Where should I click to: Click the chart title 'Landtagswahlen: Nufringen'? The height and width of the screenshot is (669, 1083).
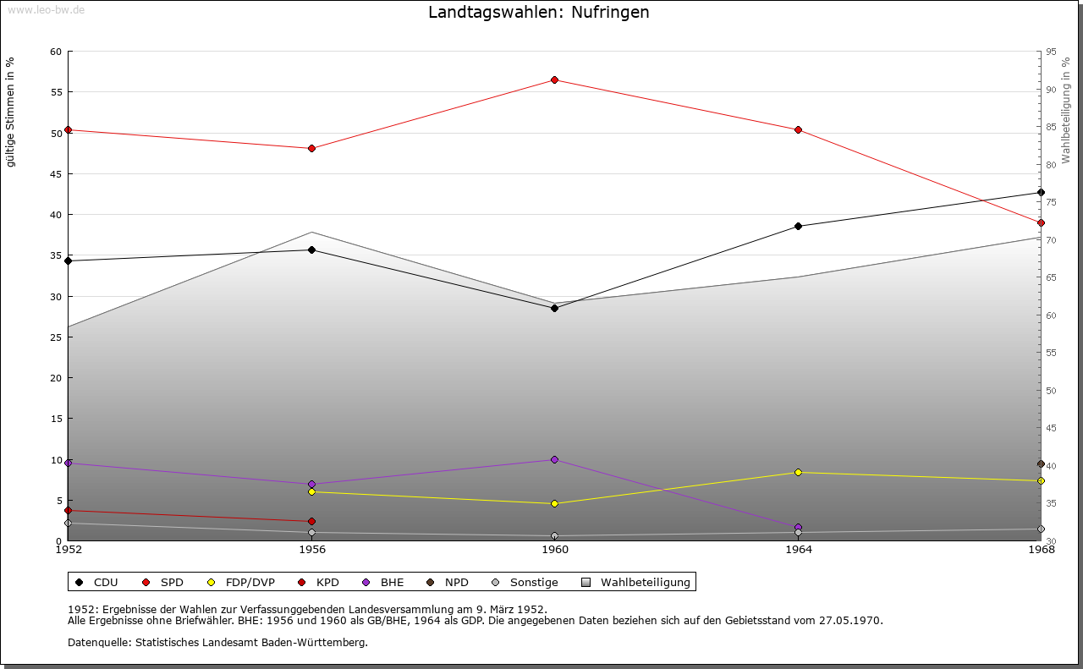539,13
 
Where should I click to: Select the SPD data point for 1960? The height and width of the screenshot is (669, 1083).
554,80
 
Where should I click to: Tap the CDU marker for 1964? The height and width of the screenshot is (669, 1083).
798,226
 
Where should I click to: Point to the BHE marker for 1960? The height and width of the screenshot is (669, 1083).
554,459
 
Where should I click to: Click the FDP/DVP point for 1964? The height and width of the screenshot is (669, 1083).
798,472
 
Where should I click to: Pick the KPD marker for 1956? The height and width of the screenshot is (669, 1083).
311,521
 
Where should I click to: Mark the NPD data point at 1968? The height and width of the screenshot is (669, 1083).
1041,463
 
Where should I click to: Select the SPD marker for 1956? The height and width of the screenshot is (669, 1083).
311,148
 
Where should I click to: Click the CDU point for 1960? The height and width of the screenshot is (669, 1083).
554,308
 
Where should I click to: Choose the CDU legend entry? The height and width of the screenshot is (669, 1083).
97,582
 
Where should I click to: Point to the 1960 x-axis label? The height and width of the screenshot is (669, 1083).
555,550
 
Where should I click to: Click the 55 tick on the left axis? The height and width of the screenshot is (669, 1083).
56,92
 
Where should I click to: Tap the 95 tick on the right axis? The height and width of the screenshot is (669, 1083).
1051,52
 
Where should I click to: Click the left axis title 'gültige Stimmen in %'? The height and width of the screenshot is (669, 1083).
10,112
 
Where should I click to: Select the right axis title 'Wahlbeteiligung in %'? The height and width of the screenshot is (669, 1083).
1066,110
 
